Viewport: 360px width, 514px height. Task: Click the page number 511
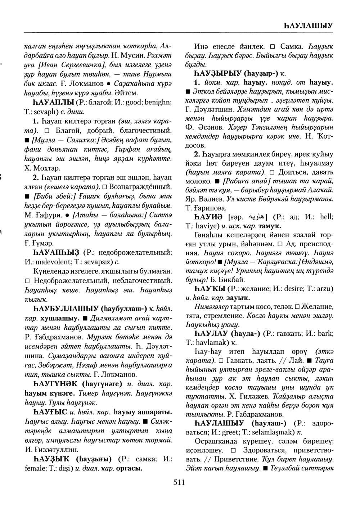pos(179,483)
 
